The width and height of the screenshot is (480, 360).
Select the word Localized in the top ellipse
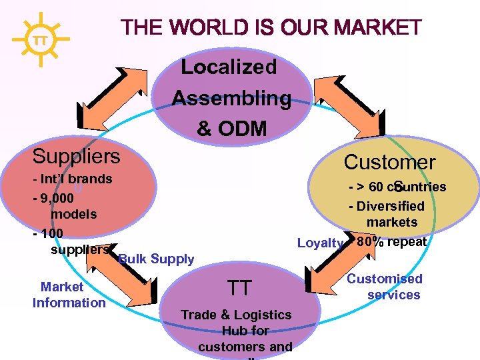pos(229,67)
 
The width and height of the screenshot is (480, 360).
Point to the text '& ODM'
pos(232,129)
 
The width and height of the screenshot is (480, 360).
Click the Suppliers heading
pos(77,157)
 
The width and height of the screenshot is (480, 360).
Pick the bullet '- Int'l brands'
pos(72,179)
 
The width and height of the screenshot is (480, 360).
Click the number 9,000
pos(57,198)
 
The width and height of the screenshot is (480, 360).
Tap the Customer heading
pos(389,162)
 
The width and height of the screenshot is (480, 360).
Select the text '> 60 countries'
pos(400,187)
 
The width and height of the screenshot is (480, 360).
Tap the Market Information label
pos(69,295)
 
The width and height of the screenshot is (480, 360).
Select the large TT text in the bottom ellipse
pos(239,288)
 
